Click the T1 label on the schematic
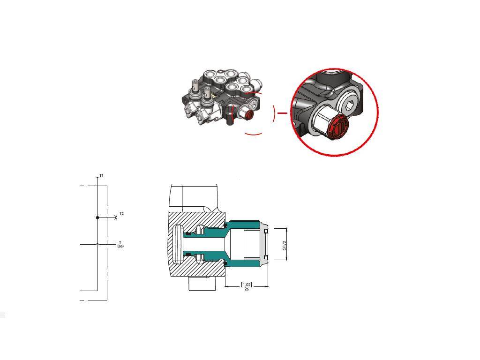101,176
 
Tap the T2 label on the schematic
121,213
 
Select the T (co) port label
120,244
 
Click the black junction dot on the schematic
97,217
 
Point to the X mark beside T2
116,217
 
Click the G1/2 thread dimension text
284,246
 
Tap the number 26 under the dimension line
247,289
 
